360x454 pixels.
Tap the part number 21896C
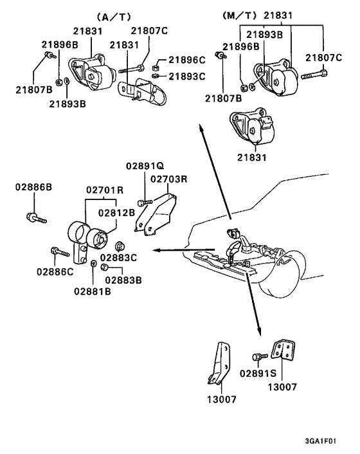coord(187,60)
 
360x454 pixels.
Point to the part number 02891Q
coord(145,166)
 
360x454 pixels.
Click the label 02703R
coord(169,179)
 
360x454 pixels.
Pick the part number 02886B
coord(33,187)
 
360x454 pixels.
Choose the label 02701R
coord(105,190)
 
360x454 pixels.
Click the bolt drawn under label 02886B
coord(36,217)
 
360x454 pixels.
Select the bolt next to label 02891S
coord(258,356)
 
